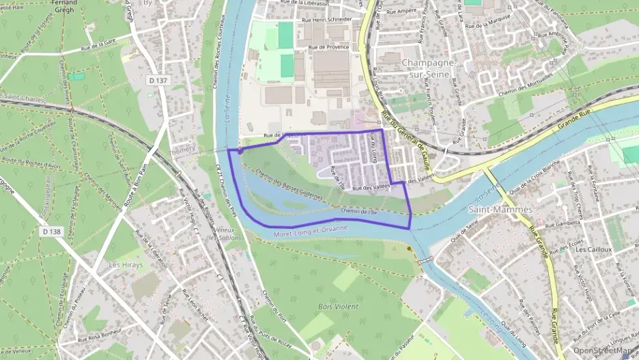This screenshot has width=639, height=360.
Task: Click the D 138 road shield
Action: click(51, 232)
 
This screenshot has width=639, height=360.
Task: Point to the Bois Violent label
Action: click(338, 307)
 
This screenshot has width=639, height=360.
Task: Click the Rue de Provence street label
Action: click(328, 47)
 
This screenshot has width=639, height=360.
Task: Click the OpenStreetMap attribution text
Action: click(605, 350)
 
